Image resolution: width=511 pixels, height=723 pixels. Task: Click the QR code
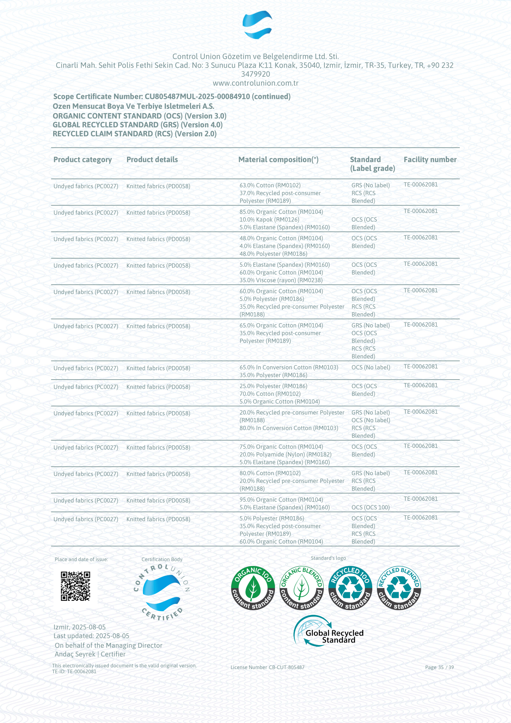click(75, 586)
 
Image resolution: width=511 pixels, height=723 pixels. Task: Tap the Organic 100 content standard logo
click(253, 588)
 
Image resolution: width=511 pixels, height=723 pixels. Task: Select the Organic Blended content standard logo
click(302, 588)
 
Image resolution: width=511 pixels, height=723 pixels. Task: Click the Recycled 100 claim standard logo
click(350, 588)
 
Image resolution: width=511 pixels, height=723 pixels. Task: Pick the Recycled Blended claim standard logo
click(399, 588)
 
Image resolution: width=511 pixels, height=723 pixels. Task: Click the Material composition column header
click(278, 159)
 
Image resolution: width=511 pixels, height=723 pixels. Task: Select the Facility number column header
click(430, 159)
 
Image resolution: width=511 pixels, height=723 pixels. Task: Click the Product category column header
click(82, 159)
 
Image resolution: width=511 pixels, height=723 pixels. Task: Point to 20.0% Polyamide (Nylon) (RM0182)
click(285, 454)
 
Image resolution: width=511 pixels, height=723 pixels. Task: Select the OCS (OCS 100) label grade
click(370, 507)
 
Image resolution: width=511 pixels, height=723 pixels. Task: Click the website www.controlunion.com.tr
click(255, 83)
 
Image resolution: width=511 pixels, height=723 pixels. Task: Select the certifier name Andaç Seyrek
click(75, 654)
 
